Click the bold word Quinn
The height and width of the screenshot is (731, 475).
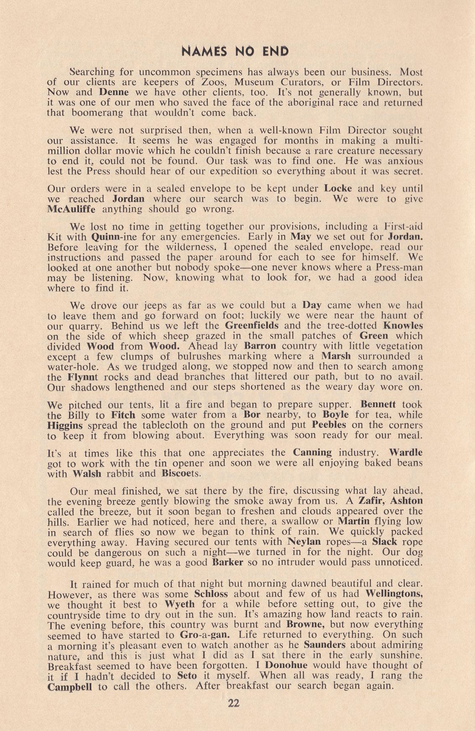(106, 235)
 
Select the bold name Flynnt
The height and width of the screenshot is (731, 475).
(81, 377)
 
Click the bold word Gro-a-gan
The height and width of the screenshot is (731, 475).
(204, 634)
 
